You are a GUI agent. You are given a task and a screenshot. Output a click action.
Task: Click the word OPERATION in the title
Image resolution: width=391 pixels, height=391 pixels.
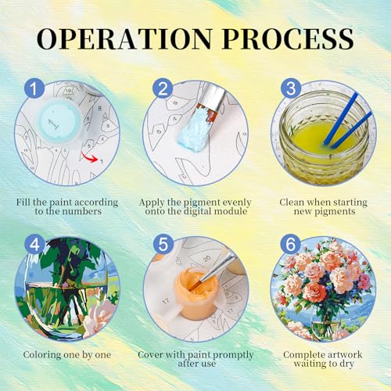tap(124, 39)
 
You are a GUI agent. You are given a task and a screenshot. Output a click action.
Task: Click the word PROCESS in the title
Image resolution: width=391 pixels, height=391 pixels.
tap(289, 39)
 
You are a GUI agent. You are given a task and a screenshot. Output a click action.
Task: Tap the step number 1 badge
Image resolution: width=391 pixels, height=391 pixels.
tap(34, 88)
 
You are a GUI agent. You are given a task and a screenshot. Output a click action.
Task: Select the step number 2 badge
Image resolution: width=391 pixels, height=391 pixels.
tap(163, 88)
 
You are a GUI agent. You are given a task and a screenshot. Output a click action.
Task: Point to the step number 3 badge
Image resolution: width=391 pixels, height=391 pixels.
tap(291, 88)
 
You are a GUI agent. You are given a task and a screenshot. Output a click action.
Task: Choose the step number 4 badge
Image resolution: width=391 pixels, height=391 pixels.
tap(34, 245)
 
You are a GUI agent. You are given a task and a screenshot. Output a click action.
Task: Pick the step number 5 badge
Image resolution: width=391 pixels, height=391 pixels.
tap(163, 245)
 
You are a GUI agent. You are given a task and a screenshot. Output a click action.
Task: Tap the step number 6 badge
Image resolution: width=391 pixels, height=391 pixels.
tap(291, 245)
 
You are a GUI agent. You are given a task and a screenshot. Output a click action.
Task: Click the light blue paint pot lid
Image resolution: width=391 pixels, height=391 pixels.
tap(59, 121)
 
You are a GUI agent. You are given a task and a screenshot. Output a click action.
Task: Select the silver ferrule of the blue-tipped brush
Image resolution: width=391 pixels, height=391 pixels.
tap(215, 95)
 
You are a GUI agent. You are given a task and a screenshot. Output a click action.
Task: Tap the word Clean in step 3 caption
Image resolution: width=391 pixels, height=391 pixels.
tap(292, 202)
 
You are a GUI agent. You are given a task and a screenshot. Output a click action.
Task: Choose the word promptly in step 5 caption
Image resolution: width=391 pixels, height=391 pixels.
tap(231, 355)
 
